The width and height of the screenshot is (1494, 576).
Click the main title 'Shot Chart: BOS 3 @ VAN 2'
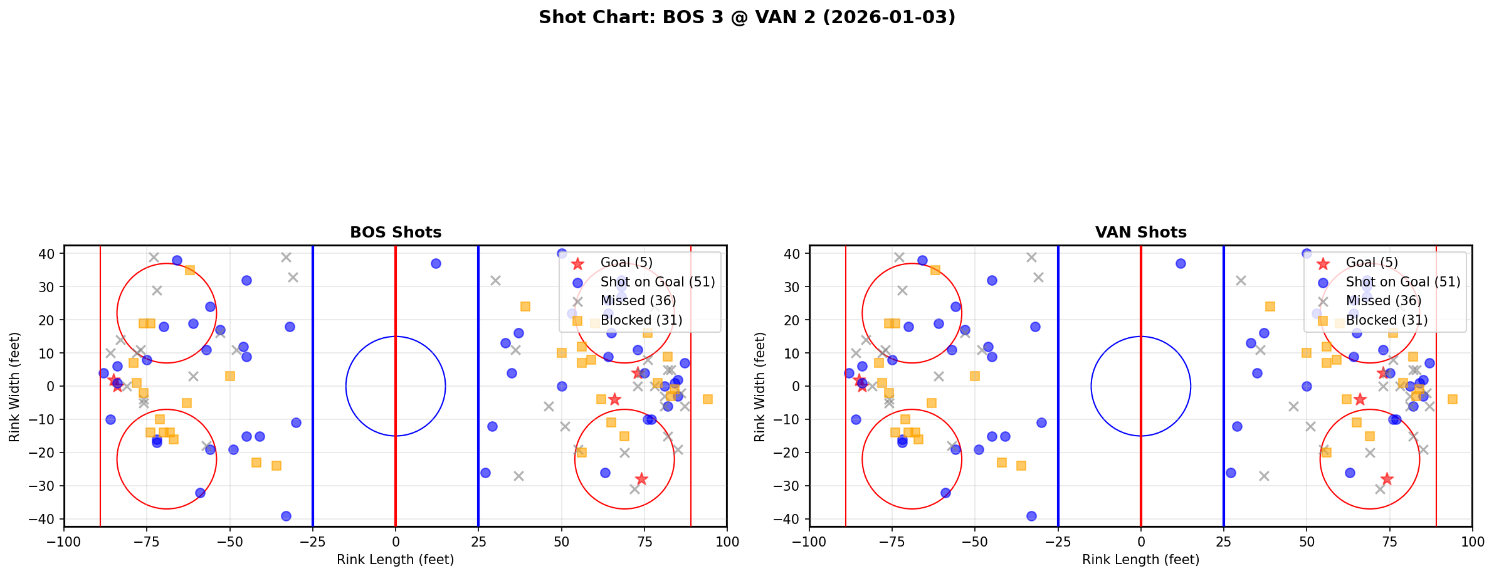click(747, 17)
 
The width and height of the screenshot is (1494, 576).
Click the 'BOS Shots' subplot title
click(396, 233)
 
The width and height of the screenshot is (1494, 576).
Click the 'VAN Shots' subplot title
click(1140, 233)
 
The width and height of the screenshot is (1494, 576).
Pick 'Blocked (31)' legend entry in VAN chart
click(1387, 320)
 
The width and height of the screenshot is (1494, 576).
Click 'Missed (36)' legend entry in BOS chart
click(638, 301)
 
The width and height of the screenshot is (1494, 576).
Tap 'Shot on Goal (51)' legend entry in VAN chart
click(1402, 282)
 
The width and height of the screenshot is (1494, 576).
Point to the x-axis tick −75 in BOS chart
click(147, 542)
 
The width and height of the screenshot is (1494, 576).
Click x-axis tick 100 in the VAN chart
click(1472, 542)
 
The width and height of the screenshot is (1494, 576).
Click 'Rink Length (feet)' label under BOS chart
click(396, 560)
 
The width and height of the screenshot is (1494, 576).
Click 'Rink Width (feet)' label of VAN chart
click(760, 387)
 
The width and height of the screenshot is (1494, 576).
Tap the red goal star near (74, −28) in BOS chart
click(641, 479)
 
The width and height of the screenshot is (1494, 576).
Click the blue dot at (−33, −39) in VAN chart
click(1031, 516)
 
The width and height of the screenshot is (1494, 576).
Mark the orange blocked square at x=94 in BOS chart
click(707, 399)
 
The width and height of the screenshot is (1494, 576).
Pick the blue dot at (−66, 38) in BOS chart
click(177, 260)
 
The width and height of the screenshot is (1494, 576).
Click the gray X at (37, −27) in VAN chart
click(1264, 476)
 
